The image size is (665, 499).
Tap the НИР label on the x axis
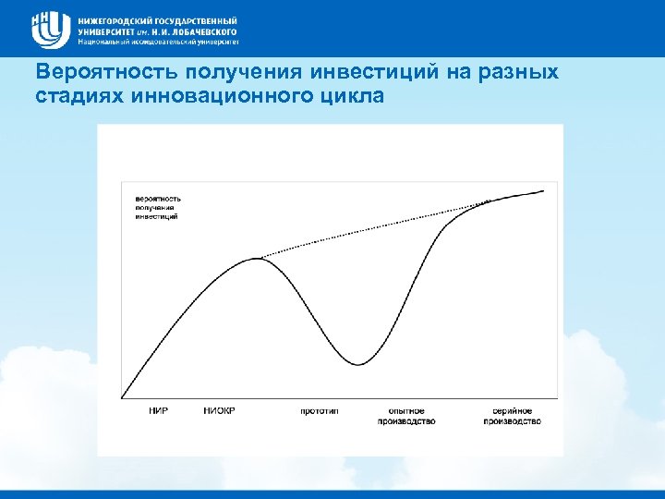(159, 410)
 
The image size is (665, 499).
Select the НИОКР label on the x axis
(220, 410)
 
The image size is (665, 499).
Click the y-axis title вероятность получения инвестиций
(158, 207)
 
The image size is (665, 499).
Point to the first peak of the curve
(257, 258)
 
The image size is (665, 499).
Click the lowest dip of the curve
(361, 363)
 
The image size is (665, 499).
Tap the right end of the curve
(543, 191)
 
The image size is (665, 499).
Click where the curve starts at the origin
(123, 398)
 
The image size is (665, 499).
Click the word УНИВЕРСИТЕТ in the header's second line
(110, 30)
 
